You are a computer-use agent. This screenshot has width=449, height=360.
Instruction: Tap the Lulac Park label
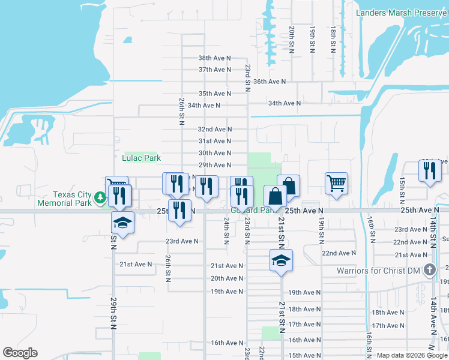tap(141, 158)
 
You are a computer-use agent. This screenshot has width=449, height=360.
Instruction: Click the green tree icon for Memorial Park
tap(98, 203)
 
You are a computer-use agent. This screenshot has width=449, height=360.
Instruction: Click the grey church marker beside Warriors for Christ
tap(429, 270)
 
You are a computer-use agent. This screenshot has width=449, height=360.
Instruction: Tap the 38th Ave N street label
tap(215, 58)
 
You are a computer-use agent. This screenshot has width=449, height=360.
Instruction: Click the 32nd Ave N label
tap(215, 129)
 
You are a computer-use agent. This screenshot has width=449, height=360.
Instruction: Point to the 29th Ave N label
tap(215, 165)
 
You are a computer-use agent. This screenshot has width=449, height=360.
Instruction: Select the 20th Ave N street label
tap(226, 278)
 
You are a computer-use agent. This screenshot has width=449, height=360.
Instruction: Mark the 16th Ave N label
tap(226, 343)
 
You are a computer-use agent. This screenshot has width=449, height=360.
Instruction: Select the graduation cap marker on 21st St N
tap(281, 260)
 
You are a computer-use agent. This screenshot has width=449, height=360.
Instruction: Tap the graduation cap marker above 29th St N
tap(122, 223)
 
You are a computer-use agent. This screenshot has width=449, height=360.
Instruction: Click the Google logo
tap(20, 353)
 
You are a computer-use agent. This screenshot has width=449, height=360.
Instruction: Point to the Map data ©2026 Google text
tap(412, 355)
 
